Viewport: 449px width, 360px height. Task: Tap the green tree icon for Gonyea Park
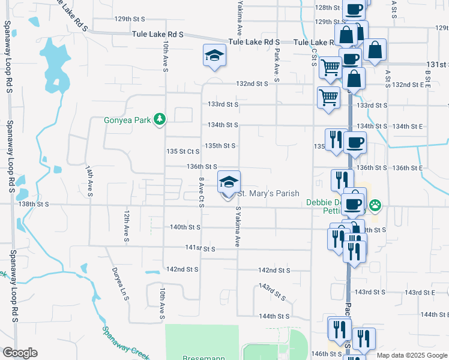pyautogui.click(x=160, y=120)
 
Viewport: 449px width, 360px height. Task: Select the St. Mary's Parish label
pyautogui.click(x=268, y=193)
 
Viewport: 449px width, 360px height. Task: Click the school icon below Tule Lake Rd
pyautogui.click(x=214, y=56)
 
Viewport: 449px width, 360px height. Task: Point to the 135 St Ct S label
pyautogui.click(x=182, y=152)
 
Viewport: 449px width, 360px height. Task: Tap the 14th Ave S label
pyautogui.click(x=89, y=182)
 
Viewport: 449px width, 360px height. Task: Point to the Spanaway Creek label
pyautogui.click(x=125, y=341)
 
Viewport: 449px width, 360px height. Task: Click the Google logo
pyautogui.click(x=20, y=353)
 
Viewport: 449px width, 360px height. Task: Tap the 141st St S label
pyautogui.click(x=200, y=248)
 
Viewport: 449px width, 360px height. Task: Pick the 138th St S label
pyautogui.click(x=34, y=204)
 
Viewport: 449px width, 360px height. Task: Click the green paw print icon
pyautogui.click(x=375, y=206)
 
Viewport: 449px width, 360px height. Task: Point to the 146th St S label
pyautogui.click(x=327, y=354)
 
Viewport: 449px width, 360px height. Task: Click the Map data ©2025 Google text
pyautogui.click(x=411, y=355)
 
